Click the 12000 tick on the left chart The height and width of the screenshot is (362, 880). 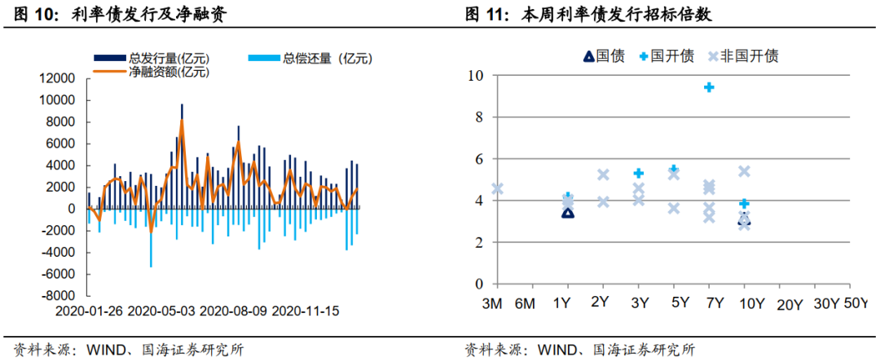[60, 78]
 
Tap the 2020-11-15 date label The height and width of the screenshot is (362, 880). [306, 311]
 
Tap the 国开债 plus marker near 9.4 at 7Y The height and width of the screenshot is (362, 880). [709, 86]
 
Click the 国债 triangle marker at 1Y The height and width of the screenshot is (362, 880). [568, 213]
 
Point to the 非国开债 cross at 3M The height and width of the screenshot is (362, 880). [497, 189]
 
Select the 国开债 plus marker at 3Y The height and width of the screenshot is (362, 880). [639, 173]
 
